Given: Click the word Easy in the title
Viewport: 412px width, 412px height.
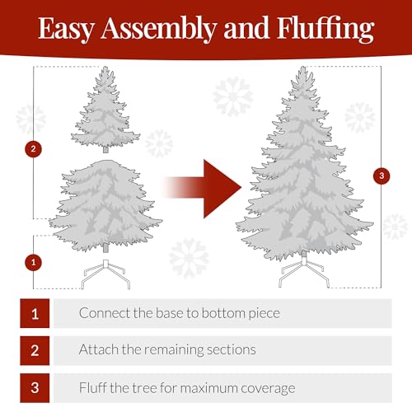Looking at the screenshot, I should point(67,30).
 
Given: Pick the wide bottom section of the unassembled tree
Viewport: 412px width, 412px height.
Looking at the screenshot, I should point(105,206).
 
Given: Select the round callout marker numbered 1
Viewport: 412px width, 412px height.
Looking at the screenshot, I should point(34,262).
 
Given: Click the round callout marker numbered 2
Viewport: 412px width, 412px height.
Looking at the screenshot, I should point(34,149).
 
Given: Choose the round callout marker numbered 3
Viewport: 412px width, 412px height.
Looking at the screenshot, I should point(380,176).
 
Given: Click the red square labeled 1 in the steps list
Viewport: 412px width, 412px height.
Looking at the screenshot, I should point(35,314).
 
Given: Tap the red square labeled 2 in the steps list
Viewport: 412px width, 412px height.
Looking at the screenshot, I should point(35,350).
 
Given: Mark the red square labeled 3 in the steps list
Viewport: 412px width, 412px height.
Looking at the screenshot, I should point(35,387).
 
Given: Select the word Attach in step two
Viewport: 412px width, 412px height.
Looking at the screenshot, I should point(98,349).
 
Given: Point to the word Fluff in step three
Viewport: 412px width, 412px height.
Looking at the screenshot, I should point(93,386).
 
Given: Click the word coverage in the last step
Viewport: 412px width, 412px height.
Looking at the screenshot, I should point(268,387).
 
